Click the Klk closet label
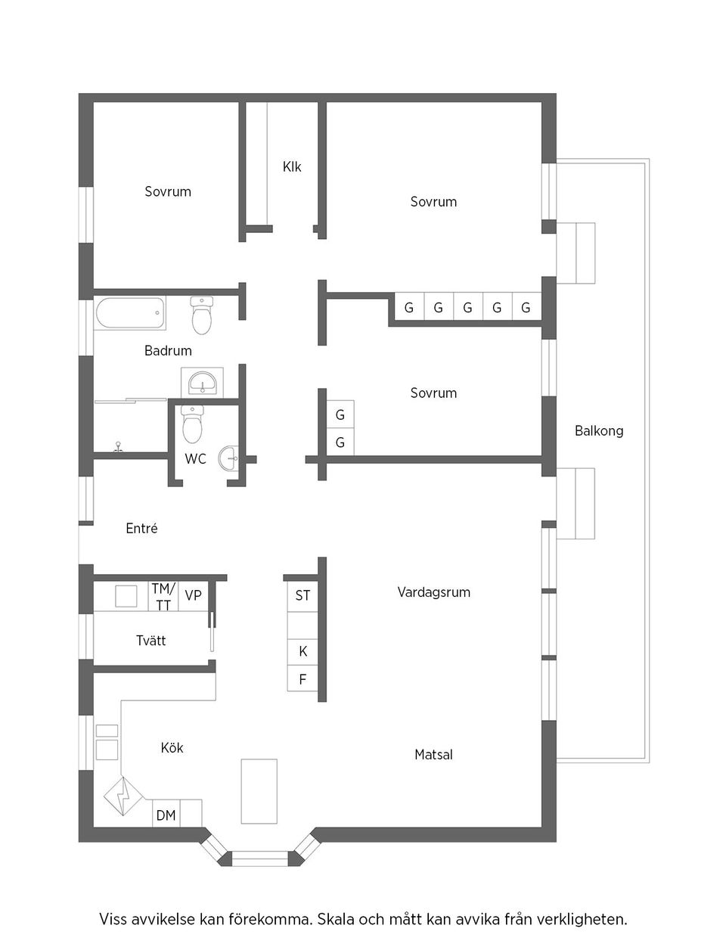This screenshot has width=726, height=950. click(x=292, y=166)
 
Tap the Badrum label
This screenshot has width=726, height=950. click(x=168, y=350)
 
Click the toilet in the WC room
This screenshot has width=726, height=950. click(x=193, y=426)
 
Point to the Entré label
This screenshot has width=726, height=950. click(x=141, y=529)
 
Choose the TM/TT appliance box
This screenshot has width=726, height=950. click(x=163, y=596)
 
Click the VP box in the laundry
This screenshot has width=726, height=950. click(x=194, y=596)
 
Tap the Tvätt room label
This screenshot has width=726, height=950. click(x=150, y=641)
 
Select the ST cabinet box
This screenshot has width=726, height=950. click(x=302, y=596)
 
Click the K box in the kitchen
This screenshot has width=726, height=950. click(x=302, y=651)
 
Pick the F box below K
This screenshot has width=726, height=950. click(x=302, y=679)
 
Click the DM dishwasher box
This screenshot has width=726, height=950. click(x=166, y=815)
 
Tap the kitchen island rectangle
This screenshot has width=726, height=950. click(x=259, y=790)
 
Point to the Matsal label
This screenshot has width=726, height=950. click(x=433, y=754)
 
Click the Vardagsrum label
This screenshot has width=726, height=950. click(x=433, y=592)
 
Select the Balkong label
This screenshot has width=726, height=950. click(x=599, y=430)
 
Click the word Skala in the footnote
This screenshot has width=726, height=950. click(x=334, y=920)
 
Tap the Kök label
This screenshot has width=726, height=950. click(x=172, y=747)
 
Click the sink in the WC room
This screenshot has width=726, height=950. click(x=229, y=458)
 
